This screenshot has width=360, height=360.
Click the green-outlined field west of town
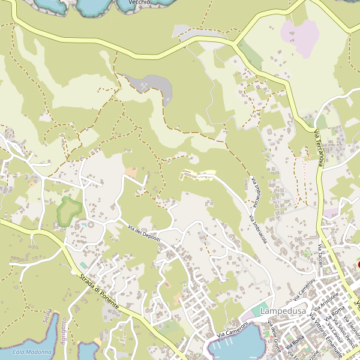tap(69, 209)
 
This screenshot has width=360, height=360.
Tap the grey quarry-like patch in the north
tap(153, 86)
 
